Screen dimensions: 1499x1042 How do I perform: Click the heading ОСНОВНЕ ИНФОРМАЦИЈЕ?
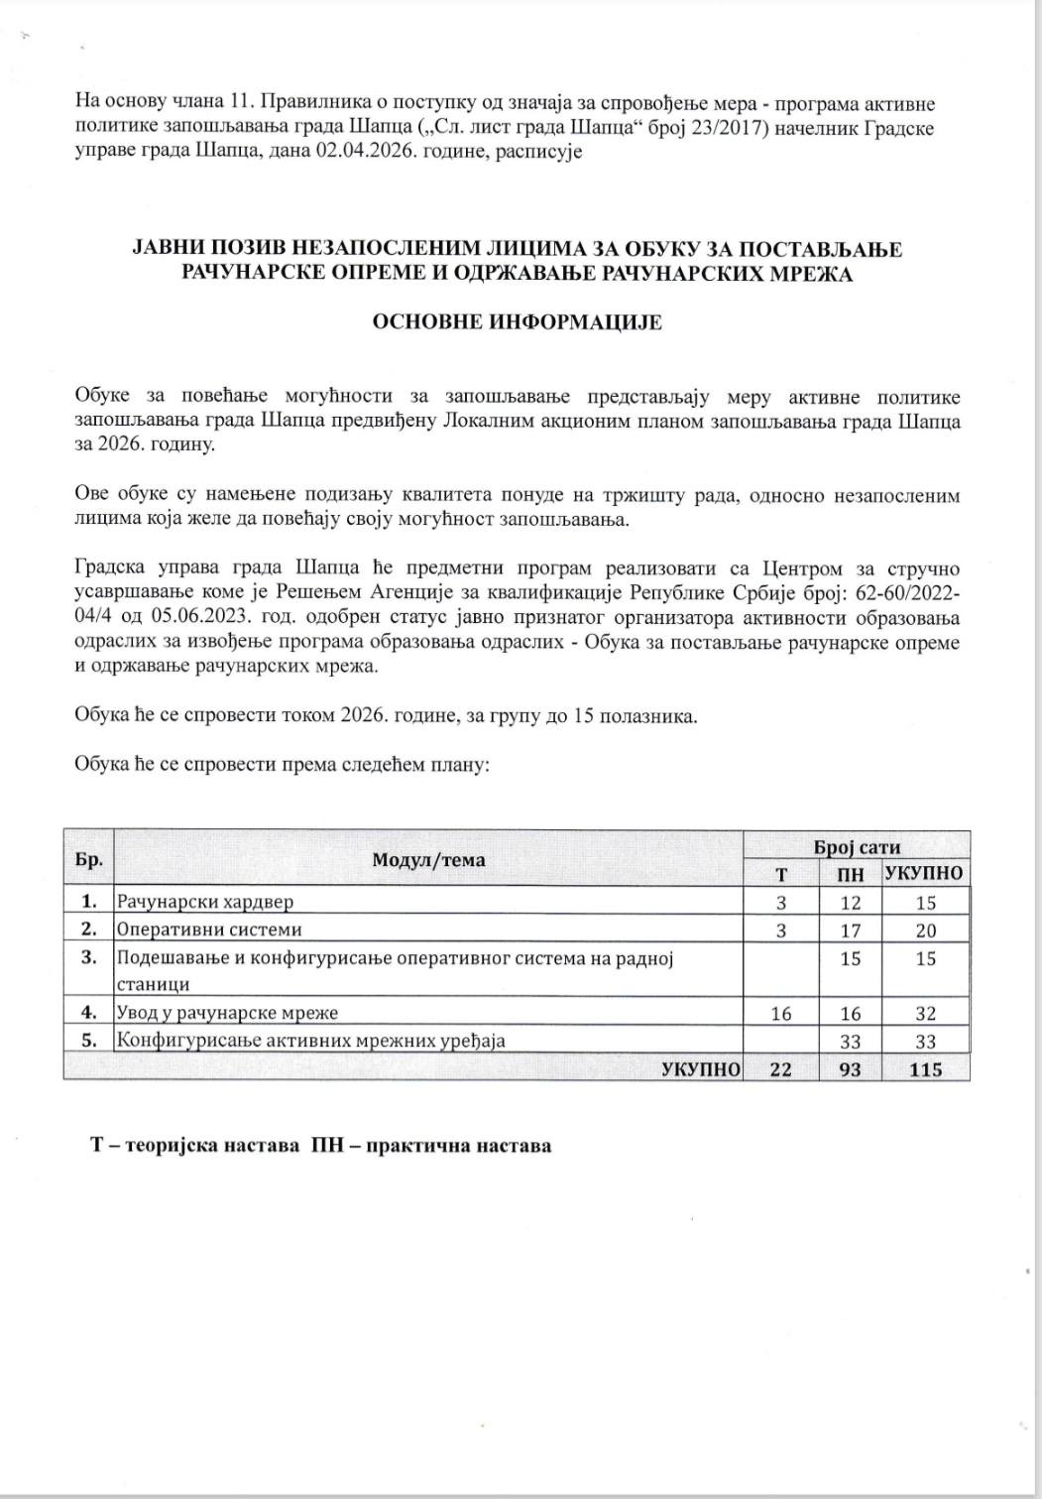tap(517, 322)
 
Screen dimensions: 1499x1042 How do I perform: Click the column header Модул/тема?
tap(428, 859)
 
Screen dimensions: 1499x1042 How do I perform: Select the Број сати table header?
tap(857, 846)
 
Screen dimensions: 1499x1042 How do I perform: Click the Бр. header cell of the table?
tap(89, 859)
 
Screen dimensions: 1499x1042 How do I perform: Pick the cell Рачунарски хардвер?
tap(205, 902)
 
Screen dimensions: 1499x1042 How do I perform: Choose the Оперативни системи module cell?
tap(208, 930)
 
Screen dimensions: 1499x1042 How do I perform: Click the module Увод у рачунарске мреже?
tap(228, 1013)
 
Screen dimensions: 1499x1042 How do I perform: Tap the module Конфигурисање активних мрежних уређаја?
tap(311, 1041)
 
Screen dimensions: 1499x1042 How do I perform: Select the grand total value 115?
tap(925, 1068)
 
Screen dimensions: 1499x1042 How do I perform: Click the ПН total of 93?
tap(850, 1068)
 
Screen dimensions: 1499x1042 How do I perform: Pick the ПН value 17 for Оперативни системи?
tap(850, 930)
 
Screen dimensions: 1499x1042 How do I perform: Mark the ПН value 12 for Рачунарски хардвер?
tap(850, 902)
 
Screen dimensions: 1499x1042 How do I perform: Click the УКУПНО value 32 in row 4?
tap(925, 1013)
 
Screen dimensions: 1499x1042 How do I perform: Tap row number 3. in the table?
tap(89, 957)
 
